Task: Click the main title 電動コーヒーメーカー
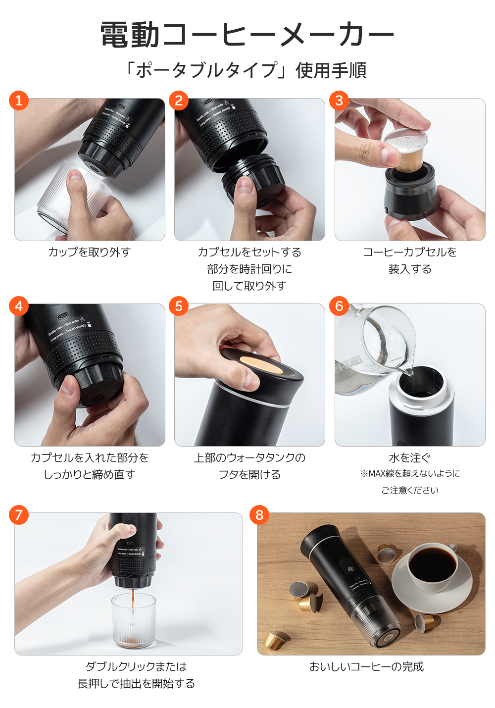coord(247,35)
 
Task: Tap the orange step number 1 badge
coord(19,101)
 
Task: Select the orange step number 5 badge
coord(179,306)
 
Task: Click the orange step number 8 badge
coord(259,515)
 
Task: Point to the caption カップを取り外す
coord(90,252)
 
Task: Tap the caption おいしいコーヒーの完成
coord(366,667)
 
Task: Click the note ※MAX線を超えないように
coord(410,474)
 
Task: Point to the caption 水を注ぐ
coord(410,458)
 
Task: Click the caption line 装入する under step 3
coord(410,269)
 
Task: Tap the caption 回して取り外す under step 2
coord(249,286)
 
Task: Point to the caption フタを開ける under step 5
coord(249,475)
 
